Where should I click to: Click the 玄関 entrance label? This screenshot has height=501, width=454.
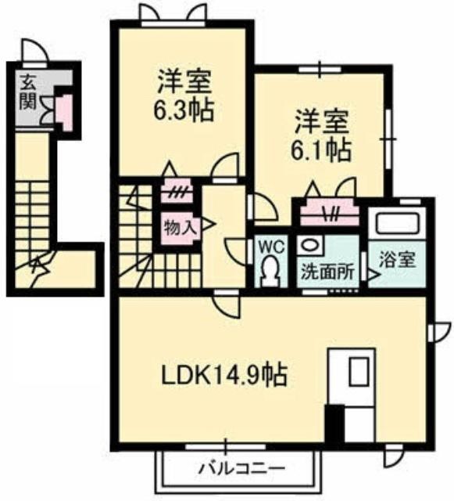[27, 92]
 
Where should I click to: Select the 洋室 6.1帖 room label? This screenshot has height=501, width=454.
[321, 135]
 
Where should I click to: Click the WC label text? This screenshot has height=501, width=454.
[271, 247]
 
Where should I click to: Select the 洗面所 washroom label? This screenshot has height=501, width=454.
[327, 272]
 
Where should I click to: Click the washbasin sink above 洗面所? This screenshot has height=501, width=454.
[310, 246]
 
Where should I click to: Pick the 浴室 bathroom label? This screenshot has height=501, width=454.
[397, 260]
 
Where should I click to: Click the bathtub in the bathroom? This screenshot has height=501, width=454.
[397, 222]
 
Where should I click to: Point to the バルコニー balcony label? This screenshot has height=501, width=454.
[241, 470]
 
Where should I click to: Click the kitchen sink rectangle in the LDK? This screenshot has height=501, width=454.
[359, 372]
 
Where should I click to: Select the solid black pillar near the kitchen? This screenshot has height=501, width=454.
[334, 424]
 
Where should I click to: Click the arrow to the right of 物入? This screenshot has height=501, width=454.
[206, 224]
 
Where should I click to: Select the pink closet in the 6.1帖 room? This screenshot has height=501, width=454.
[330, 212]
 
